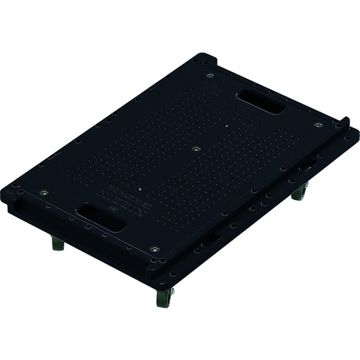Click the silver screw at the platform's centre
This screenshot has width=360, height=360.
click(x=196, y=149)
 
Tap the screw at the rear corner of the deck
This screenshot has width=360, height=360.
click(x=210, y=75)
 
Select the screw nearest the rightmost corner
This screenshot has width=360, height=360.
click(x=318, y=125)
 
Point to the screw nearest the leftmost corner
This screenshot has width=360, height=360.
click(x=43, y=192)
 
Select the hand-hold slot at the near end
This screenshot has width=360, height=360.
click(x=102, y=216)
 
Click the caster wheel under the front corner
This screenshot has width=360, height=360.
click(x=165, y=297)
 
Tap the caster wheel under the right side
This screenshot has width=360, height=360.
click(x=300, y=193)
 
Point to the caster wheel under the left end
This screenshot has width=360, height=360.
click(x=58, y=244)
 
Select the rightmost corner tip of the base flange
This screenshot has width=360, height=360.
click(x=356, y=133)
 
